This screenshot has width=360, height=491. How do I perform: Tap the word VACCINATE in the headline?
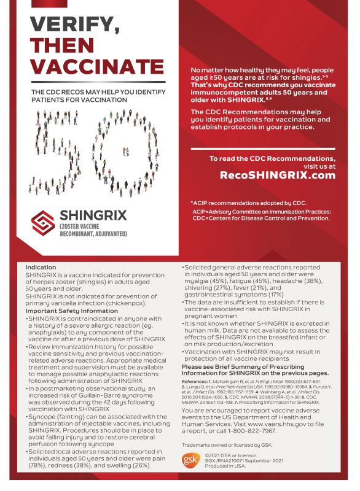click(x=98, y=67)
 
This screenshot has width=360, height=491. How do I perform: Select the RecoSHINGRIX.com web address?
click(x=278, y=175)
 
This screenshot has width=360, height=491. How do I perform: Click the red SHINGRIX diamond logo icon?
click(x=43, y=222)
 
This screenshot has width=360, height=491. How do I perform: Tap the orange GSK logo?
click(x=190, y=460)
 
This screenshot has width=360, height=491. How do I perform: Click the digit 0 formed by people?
click(x=123, y=147)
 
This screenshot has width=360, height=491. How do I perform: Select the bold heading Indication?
click(x=41, y=268)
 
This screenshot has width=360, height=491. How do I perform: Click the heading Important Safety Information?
click(x=71, y=311)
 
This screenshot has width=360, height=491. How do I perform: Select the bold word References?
click(x=199, y=381)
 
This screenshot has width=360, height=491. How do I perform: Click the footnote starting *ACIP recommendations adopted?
click(x=248, y=203)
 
